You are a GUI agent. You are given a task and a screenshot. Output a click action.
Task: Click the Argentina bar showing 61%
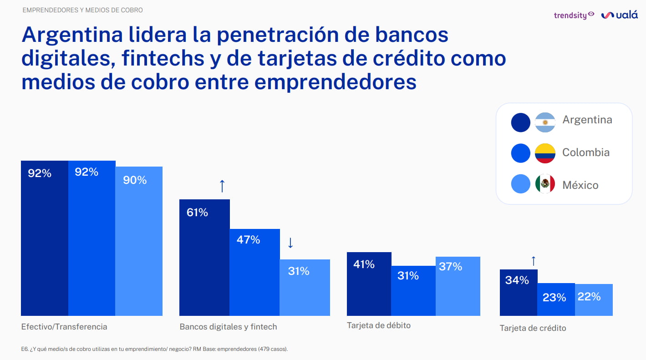point(204,257)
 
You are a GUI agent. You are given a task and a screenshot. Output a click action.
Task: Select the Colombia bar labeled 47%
point(254,272)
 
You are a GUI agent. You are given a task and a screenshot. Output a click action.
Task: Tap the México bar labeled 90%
point(139,241)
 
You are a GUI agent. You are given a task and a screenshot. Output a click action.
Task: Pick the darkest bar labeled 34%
point(519,293)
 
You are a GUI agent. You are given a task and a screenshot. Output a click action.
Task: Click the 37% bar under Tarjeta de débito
point(458,286)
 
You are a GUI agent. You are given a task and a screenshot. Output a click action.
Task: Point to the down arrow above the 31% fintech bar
point(290,243)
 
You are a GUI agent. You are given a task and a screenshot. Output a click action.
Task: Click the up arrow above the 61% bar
point(222,186)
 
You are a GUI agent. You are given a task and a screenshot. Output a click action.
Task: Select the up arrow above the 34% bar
point(534,261)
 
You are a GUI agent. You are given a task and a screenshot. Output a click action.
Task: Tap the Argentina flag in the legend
point(545,122)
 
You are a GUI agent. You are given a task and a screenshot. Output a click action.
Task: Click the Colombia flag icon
point(545,153)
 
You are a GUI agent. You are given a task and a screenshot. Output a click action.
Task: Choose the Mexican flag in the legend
point(545,184)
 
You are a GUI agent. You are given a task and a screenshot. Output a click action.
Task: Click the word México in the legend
point(580,185)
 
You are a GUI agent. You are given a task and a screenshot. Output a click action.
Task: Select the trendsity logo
point(574,15)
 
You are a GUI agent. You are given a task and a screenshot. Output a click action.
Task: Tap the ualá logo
point(620,15)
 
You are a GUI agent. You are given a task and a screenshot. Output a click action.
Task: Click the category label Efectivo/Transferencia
point(64,327)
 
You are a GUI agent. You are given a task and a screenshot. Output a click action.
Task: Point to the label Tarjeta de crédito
point(533,328)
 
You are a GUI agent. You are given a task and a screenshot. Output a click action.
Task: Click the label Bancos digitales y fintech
point(228,327)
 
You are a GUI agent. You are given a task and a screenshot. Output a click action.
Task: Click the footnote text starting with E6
point(154,349)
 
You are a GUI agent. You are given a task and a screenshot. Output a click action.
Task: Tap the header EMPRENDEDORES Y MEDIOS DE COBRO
point(82,10)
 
